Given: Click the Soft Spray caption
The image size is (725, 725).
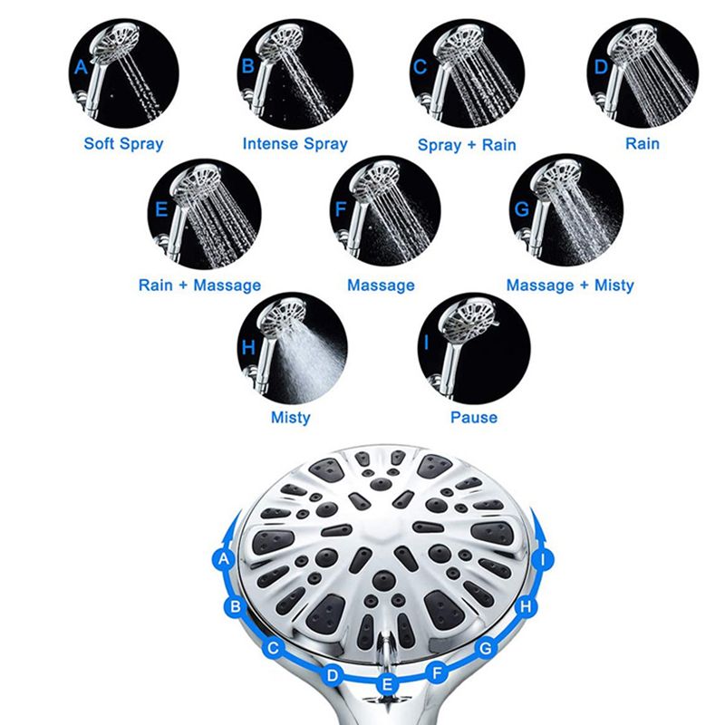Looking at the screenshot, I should (x=124, y=143).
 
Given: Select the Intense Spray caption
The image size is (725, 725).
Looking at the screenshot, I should (x=295, y=143).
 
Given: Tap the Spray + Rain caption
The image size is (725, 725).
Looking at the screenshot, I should (x=467, y=144).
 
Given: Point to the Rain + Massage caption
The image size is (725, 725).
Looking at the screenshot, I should (x=199, y=285).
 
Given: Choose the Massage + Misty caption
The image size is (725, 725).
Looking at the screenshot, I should (x=570, y=285).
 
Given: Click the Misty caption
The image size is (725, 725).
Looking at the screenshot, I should (x=290, y=418).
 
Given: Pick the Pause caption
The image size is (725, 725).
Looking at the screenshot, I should (x=474, y=418).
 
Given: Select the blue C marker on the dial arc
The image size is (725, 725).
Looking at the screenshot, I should (x=273, y=648).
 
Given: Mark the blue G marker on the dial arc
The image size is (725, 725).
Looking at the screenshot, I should (x=486, y=648).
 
